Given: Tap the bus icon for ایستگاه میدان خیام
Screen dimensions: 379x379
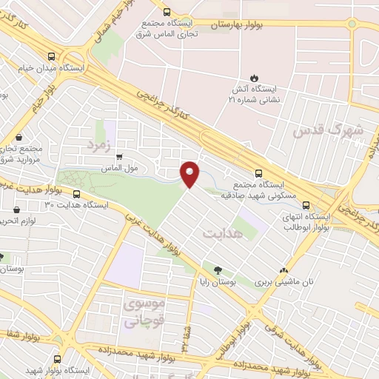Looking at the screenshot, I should [x=50, y=56].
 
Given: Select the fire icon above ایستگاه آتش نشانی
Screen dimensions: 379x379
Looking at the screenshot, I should [x=254, y=77].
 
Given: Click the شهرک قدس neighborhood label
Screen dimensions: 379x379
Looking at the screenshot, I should [x=328, y=131].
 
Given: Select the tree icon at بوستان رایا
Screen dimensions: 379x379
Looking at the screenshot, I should [x=219, y=270].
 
